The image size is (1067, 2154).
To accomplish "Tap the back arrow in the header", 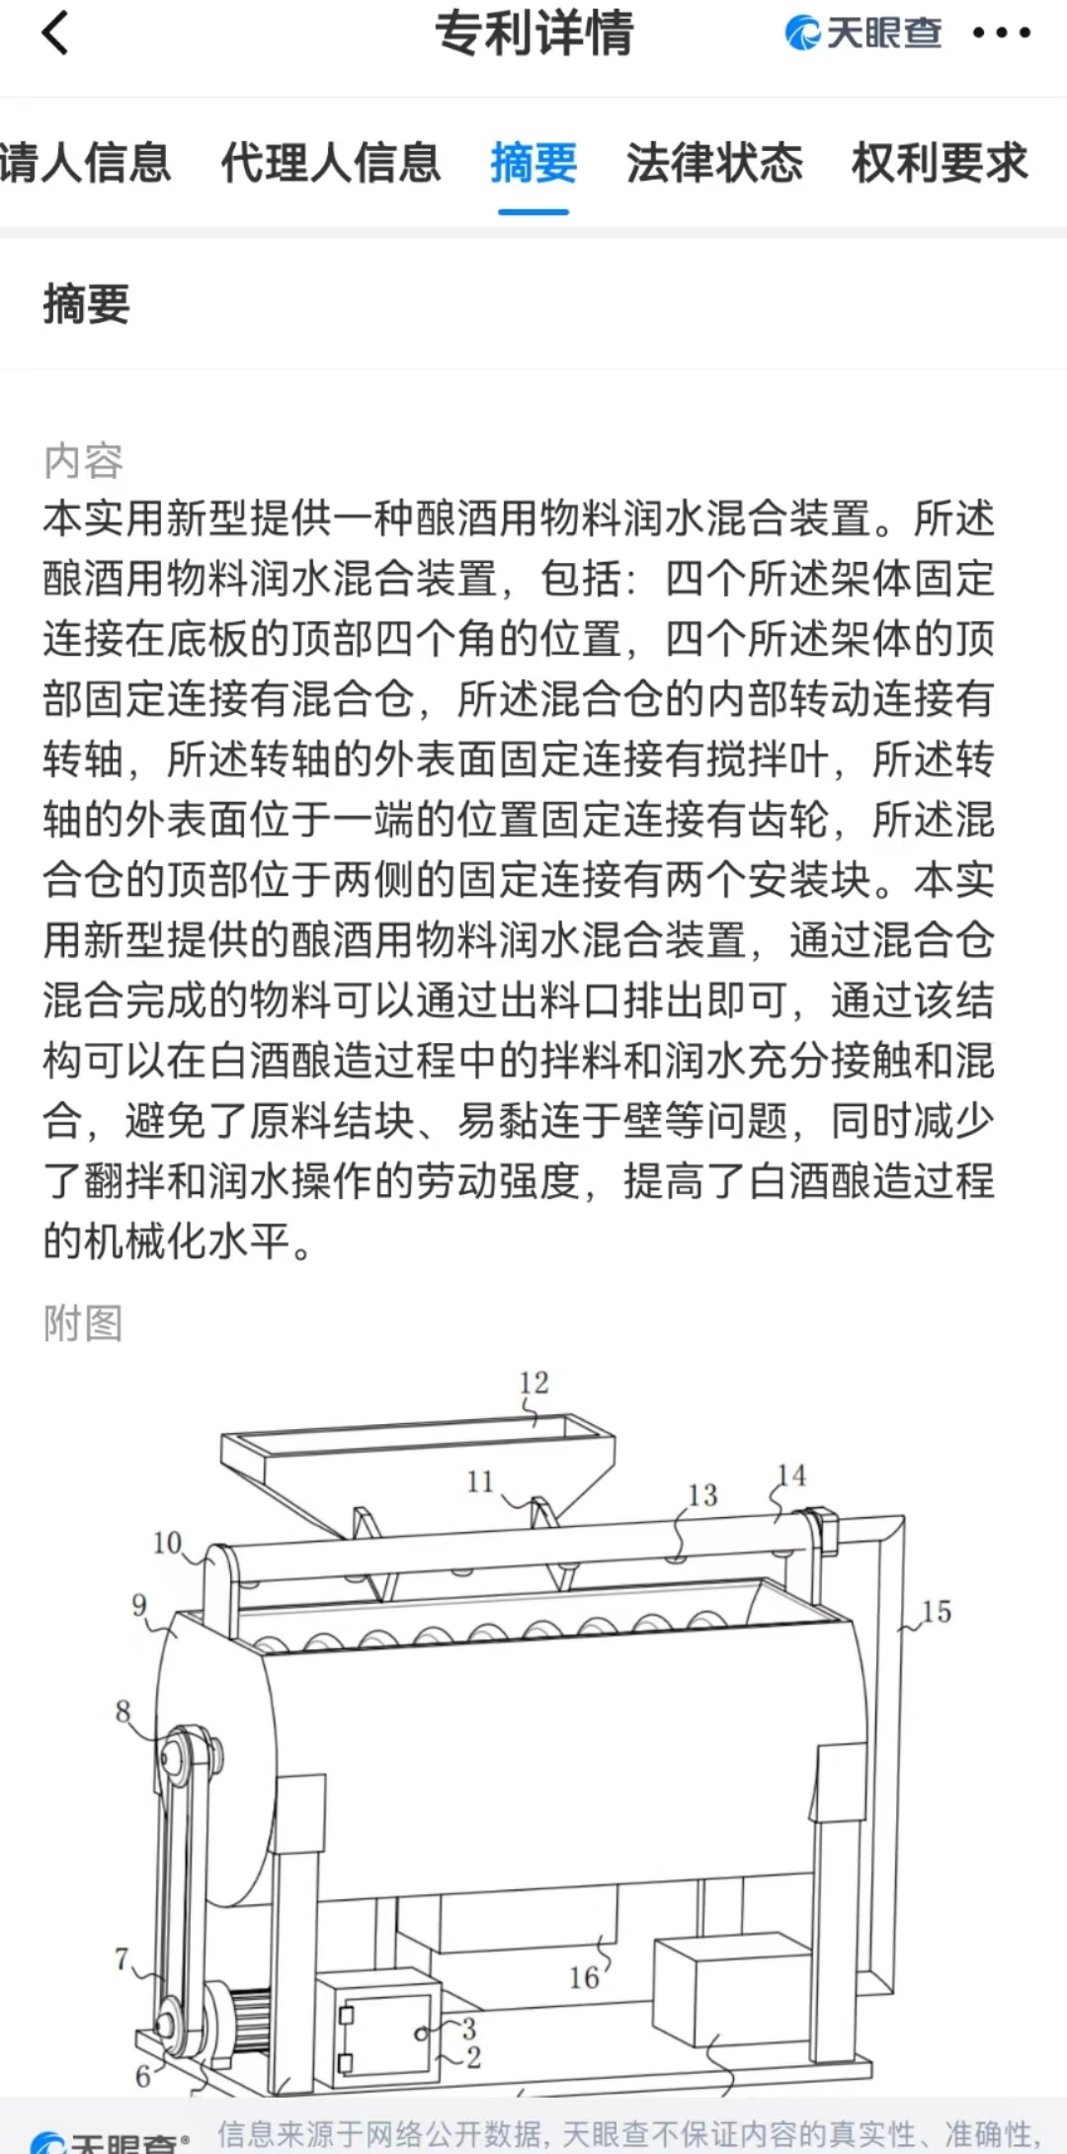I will coord(56,33).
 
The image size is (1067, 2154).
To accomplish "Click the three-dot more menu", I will coord(1001,33).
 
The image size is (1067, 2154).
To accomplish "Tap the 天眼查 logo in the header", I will coord(863,33).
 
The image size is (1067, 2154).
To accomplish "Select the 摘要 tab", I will coord(533,164).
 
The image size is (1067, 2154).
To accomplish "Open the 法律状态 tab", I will coord(714,164).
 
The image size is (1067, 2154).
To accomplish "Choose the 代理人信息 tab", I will coord(330,164).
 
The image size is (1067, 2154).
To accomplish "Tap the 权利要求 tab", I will coord(940,164).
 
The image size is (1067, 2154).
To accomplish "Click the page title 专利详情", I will coord(533,33).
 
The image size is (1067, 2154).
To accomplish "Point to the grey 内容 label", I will coord(83,461).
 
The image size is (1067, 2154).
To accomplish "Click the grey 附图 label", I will coord(83,1323).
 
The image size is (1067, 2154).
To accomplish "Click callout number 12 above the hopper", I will coord(533,1382).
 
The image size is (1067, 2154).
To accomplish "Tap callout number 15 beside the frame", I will coord(936,1612).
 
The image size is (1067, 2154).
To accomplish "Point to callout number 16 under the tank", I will coord(584,1977).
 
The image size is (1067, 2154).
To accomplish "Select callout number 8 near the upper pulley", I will coord(123,1711).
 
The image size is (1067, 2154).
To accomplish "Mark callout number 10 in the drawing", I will coord(167,1543).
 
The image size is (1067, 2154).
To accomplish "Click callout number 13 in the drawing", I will coord(702,1495).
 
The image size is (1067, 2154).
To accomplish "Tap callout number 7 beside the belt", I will coord(122,1957).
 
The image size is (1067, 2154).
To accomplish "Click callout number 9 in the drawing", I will coord(139,1605).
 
